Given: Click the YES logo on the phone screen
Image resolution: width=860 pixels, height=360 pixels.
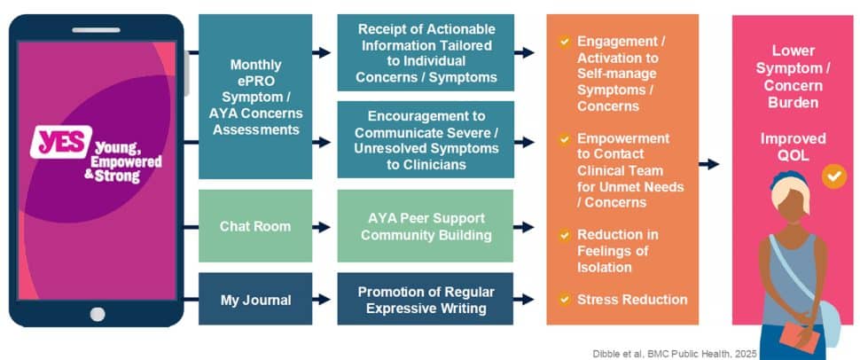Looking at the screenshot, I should [x=59, y=143].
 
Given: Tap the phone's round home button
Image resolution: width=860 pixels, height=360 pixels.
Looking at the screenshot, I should [x=97, y=313].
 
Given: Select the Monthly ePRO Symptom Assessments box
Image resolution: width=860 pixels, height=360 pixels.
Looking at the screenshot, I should [x=255, y=96].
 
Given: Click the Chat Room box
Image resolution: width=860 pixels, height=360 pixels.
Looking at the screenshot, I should [x=255, y=226].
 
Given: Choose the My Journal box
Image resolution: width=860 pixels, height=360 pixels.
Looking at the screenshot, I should [x=255, y=300].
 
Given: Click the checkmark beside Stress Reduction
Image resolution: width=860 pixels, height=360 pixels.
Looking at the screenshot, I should [x=564, y=299].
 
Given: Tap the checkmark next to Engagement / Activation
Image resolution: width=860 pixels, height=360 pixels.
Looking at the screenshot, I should [x=564, y=42].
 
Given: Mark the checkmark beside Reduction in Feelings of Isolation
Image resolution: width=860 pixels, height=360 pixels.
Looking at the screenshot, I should [x=564, y=235].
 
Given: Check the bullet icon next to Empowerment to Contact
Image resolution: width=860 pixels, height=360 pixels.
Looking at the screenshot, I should [x=564, y=139].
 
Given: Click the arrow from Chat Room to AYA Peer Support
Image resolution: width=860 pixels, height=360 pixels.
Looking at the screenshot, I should [x=324, y=227].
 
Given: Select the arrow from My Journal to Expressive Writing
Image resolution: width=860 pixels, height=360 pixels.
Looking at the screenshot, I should [x=324, y=301].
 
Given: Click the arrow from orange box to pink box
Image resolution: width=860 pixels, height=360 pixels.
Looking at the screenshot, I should [x=709, y=164].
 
